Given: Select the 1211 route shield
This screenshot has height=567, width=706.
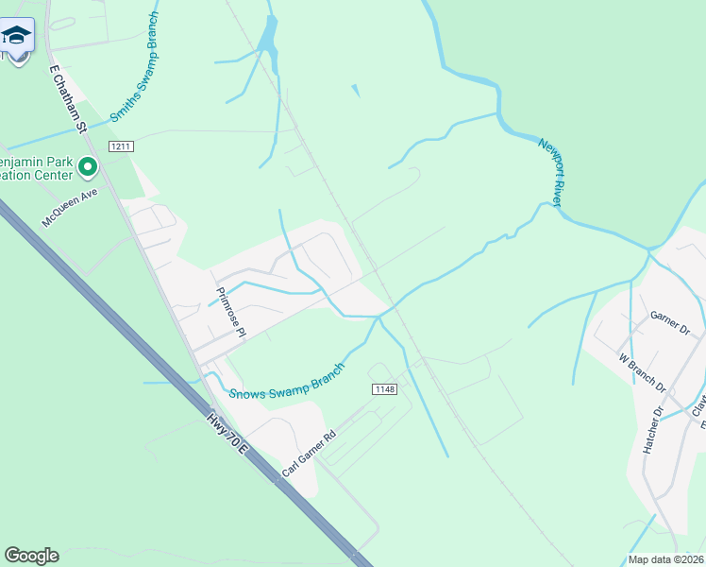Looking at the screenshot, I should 121,146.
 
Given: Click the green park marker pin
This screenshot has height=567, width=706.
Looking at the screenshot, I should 88,167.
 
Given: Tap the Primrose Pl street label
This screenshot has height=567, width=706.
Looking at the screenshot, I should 230,313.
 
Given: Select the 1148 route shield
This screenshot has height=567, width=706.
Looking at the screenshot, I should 384,389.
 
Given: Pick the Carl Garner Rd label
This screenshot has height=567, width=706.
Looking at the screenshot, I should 309,455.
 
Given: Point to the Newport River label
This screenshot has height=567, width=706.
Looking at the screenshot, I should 556,171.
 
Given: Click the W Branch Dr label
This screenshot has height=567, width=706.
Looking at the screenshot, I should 642,374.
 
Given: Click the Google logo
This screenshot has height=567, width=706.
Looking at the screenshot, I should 31,556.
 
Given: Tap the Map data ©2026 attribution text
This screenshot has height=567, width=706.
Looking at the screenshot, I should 665,559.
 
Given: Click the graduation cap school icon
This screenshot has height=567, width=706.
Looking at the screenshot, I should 16,36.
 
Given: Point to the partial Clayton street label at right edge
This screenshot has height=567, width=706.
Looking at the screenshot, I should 698,404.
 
